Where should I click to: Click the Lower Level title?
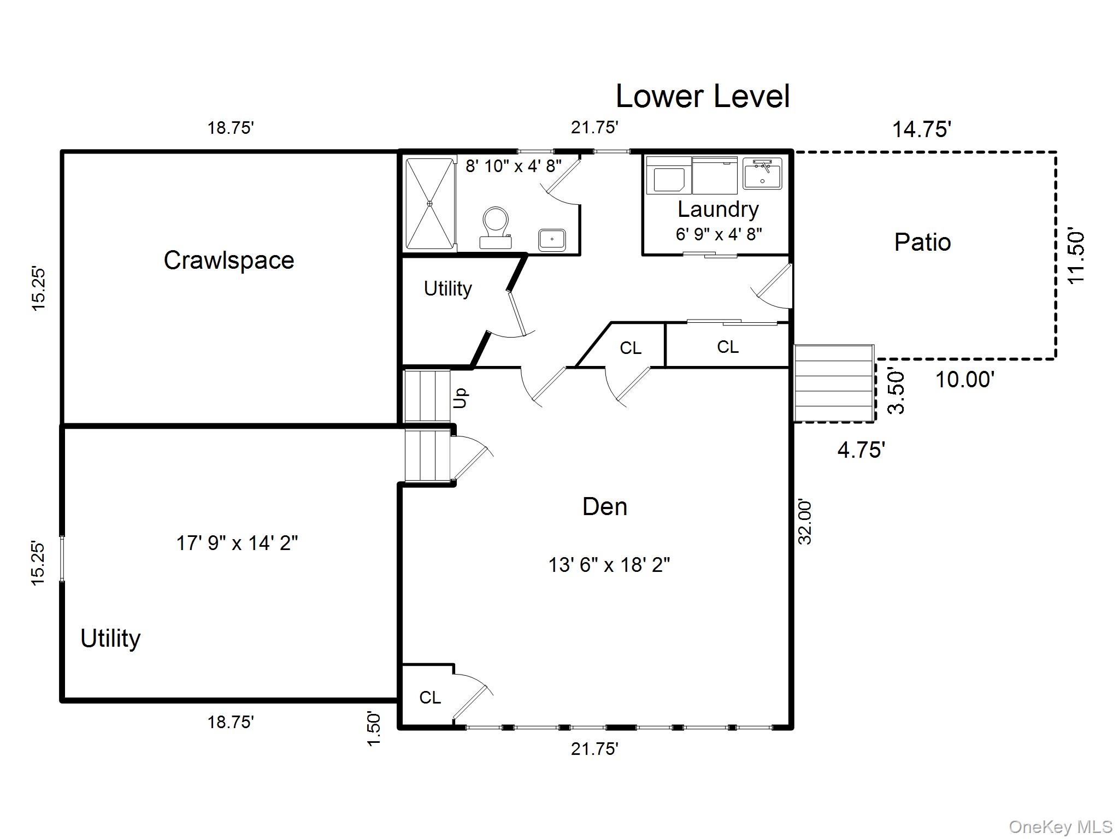(x=703, y=97)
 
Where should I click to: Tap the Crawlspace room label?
(x=229, y=260)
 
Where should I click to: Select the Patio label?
(x=922, y=242)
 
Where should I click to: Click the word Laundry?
(x=718, y=209)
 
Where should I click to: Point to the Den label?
(x=605, y=507)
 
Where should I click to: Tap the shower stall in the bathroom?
(x=430, y=203)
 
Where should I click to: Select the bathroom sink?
(x=552, y=240)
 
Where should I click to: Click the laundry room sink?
(x=762, y=174)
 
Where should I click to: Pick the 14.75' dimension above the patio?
(x=922, y=129)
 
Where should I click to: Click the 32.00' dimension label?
(x=805, y=522)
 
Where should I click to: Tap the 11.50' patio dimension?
(x=1076, y=256)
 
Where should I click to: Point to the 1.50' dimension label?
(x=373, y=728)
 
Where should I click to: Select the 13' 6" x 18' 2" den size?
(x=609, y=565)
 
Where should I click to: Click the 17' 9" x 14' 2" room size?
(x=237, y=543)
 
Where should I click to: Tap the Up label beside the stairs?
(x=461, y=398)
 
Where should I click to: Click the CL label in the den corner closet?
(x=430, y=698)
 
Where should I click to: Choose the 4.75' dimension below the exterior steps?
(x=861, y=450)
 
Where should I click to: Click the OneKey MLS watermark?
(x=1061, y=827)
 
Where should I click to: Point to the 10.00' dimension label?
(x=965, y=379)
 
